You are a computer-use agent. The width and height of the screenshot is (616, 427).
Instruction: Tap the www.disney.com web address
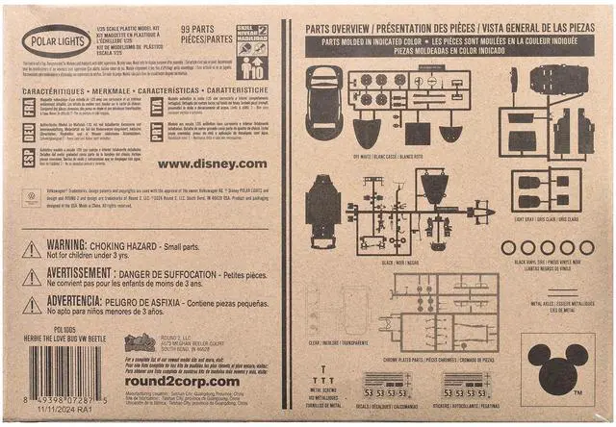212,163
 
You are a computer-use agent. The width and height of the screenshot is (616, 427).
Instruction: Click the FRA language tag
30,105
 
